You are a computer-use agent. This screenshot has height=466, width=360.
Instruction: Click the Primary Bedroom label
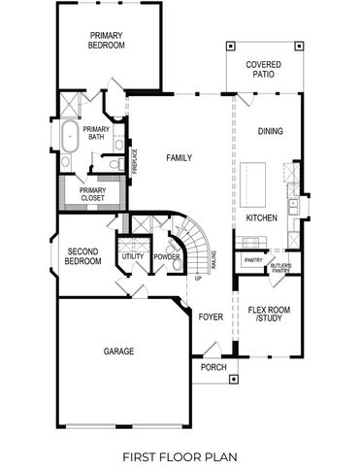click(x=106, y=41)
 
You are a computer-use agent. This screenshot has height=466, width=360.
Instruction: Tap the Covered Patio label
click(x=263, y=68)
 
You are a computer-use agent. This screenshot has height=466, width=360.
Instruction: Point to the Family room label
click(x=179, y=157)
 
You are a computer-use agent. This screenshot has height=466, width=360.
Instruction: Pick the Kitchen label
click(x=262, y=217)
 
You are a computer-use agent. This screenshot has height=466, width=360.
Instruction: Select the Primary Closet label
click(x=92, y=194)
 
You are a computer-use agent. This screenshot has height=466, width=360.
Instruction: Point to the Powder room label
click(x=167, y=256)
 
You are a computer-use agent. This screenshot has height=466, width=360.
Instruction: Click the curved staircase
click(x=198, y=249)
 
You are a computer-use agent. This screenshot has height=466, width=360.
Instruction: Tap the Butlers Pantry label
click(x=281, y=268)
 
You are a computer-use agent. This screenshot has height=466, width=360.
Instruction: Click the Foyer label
click(x=211, y=316)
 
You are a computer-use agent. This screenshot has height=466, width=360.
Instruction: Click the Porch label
click(x=213, y=367)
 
